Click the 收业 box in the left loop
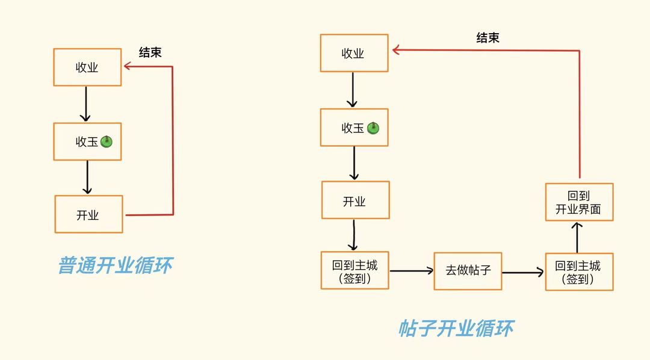[87, 67]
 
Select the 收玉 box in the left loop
[87, 141]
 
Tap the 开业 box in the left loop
[88, 214]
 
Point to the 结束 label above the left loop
[150, 52]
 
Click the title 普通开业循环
[114, 265]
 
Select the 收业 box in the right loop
[353, 53]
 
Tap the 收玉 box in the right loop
[354, 127]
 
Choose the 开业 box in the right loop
[355, 200]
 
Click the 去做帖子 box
[468, 271]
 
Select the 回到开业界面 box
[579, 202]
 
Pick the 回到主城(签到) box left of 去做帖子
[354, 271]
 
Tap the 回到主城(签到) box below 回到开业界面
[579, 272]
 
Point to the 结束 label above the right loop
[487, 38]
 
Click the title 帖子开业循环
[456, 329]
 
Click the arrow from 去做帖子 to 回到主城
[523, 272]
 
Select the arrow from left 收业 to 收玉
[87, 104]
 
